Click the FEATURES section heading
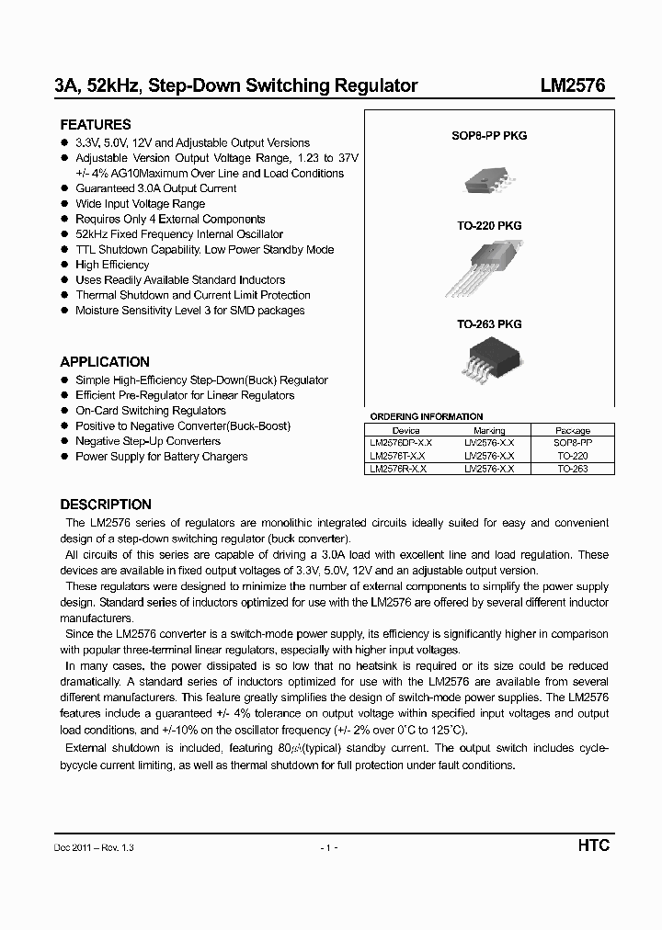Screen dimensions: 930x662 (96, 125)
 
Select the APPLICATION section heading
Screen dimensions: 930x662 (105, 362)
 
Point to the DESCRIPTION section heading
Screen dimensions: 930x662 (106, 505)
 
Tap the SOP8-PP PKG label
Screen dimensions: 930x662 (489, 136)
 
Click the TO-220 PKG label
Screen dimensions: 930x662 (489, 225)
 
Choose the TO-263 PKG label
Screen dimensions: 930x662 (489, 324)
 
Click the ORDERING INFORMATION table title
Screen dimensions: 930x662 (426, 416)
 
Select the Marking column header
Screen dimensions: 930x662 (489, 430)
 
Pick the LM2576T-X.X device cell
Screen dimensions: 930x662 (398, 456)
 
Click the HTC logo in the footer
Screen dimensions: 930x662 (593, 845)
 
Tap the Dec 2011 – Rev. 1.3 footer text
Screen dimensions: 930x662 (94, 846)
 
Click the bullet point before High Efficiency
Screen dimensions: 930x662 (64, 265)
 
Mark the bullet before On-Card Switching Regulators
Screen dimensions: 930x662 (64, 411)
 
